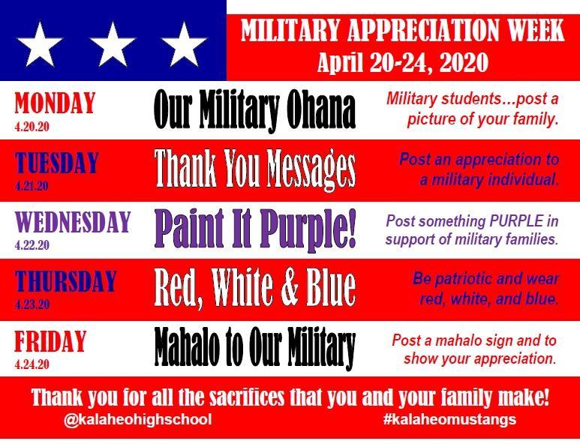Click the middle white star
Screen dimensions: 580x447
(113, 44)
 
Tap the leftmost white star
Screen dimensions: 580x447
(39, 44)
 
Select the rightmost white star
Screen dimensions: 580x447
(184, 44)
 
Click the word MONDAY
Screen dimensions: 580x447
(55, 103)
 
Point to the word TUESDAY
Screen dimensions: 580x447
(56, 162)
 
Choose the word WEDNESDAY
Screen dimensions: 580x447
(73, 222)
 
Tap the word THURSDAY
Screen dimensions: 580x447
(66, 281)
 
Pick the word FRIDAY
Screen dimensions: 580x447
(50, 341)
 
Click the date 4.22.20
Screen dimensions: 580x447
(32, 244)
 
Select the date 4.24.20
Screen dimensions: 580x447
(32, 364)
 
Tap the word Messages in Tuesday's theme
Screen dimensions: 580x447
(311, 169)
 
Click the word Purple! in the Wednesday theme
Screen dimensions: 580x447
(308, 230)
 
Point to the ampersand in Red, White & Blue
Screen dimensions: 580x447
(290, 289)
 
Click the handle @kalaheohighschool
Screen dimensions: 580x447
(138, 420)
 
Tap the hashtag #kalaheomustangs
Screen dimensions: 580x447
(449, 420)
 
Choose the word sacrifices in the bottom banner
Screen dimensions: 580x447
(247, 397)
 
